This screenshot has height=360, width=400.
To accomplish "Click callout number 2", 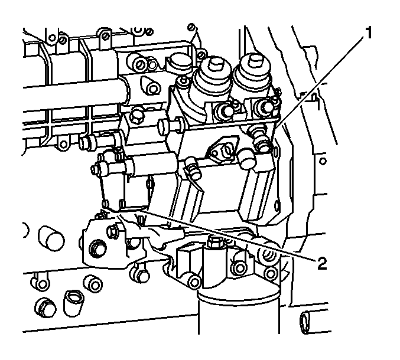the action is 322,263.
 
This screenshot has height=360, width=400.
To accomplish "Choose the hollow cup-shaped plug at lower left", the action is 74,303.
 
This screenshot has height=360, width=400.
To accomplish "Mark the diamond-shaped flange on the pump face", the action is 222,150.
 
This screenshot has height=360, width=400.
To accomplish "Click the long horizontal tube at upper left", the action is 74,94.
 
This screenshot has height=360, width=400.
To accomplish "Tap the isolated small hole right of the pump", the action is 323,161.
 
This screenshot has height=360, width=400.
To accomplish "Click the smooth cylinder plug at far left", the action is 51,237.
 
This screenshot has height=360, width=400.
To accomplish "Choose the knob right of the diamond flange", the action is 247,159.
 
